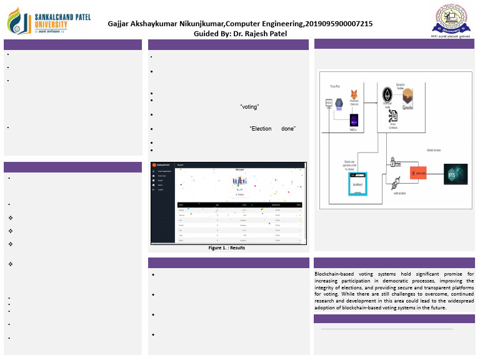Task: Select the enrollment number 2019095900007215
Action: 338,23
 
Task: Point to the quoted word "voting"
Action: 249,107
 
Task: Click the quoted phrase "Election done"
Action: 272,129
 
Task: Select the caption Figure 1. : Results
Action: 227,248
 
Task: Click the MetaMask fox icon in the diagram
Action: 354,93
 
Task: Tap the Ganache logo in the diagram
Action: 408,96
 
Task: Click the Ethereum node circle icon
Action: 387,94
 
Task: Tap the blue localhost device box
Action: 357,185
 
